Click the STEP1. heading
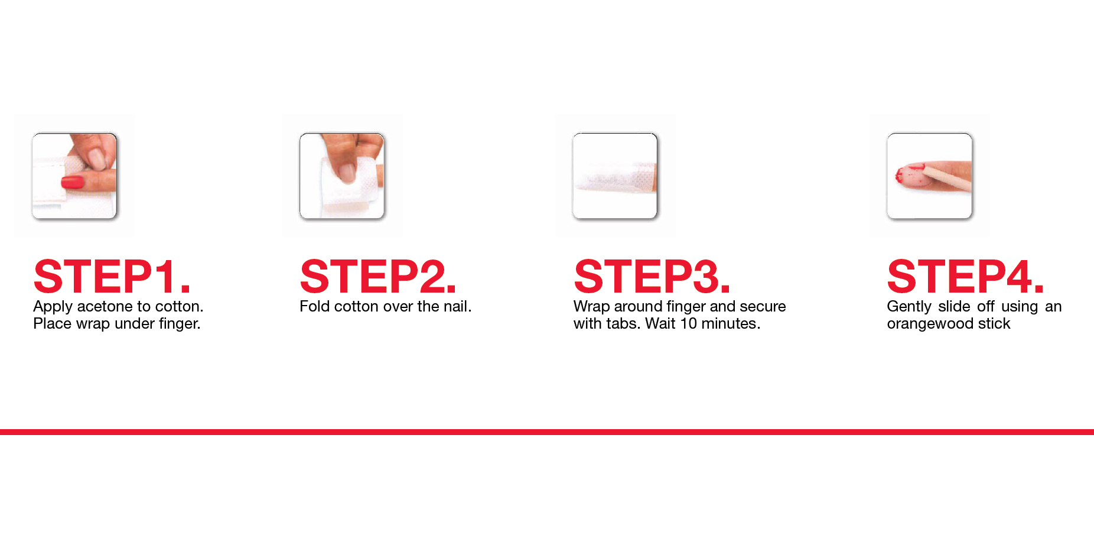click(x=112, y=277)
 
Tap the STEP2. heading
click(x=379, y=277)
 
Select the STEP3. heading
click(x=652, y=277)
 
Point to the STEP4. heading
click(x=966, y=277)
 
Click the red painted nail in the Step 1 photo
click(x=73, y=182)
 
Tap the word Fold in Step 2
click(x=314, y=306)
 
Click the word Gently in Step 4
click(x=909, y=307)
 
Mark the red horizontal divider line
click(x=547, y=432)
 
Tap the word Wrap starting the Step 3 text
click(x=591, y=307)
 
